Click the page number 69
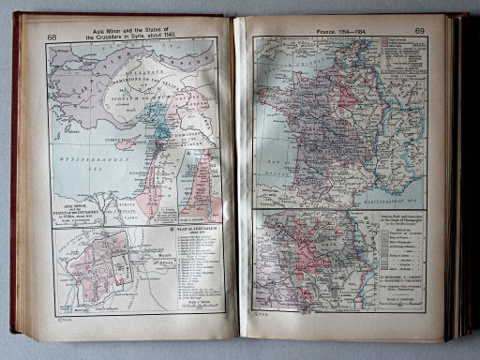[x=419, y=31]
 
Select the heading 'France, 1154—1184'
[x=338, y=30]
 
